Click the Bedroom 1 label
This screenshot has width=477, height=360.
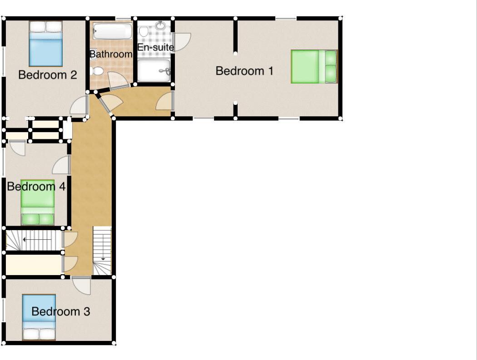click(x=244, y=71)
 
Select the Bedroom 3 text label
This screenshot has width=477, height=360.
click(x=60, y=312)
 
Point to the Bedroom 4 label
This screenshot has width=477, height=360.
click(x=36, y=187)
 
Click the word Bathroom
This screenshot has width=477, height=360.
click(x=111, y=54)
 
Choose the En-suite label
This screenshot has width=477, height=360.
click(x=156, y=47)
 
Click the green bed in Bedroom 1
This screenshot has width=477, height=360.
click(x=314, y=66)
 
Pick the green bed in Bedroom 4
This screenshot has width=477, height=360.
click(x=38, y=203)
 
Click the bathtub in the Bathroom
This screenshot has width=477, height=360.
click(x=112, y=32)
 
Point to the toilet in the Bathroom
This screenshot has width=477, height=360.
click(x=97, y=71)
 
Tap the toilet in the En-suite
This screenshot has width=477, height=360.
click(x=144, y=31)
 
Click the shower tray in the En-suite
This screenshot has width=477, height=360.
click(x=154, y=70)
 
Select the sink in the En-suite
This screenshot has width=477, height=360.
click(x=160, y=25)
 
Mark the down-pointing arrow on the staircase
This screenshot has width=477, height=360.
click(x=103, y=258)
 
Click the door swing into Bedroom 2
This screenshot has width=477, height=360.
click(x=79, y=106)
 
